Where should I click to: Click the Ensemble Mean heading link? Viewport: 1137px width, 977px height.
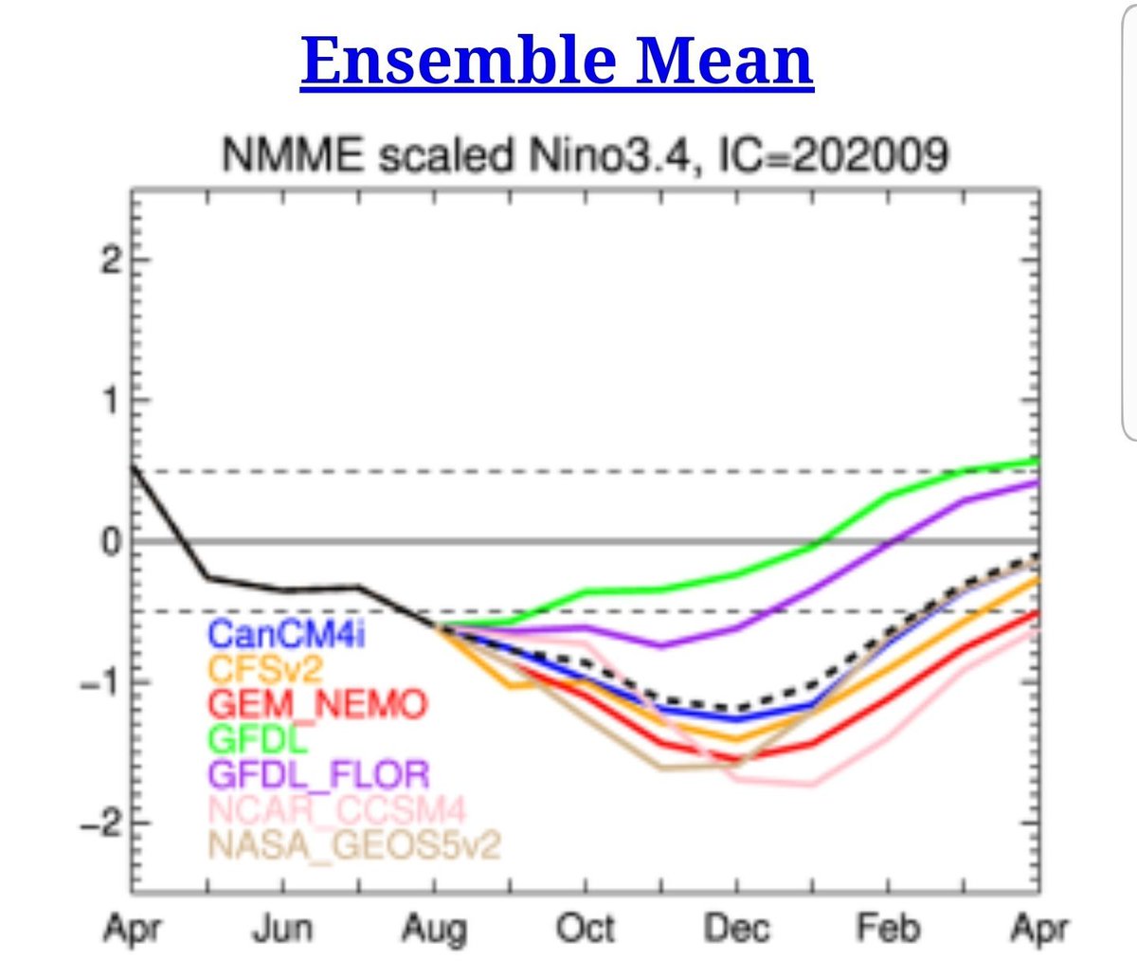556,61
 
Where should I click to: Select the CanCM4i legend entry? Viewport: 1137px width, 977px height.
286,634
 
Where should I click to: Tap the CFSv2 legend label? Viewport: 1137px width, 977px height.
265,670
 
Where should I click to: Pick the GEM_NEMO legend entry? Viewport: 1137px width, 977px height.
317,705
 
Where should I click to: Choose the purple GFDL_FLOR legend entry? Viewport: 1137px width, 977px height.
318,774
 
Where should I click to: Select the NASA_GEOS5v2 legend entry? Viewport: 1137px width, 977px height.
352,843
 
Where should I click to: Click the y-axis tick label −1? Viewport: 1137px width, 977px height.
102,682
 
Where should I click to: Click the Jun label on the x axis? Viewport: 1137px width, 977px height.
282,930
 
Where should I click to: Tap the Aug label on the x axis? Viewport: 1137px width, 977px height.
434,930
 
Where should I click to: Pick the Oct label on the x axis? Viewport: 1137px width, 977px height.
586,929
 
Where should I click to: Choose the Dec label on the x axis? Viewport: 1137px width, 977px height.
736,929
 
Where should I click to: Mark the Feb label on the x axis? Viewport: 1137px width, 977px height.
888,929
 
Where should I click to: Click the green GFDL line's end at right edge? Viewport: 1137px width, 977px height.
1038,461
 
